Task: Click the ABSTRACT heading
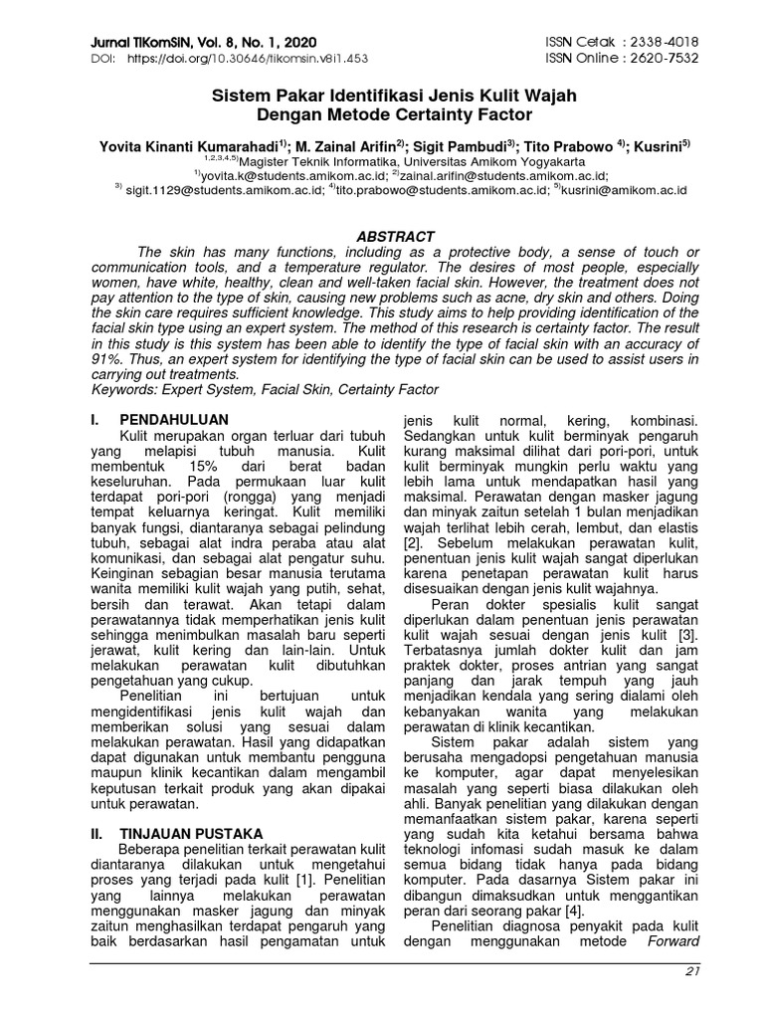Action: (396, 237)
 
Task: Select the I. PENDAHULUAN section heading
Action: (159, 420)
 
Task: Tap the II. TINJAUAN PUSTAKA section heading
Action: (176, 833)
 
